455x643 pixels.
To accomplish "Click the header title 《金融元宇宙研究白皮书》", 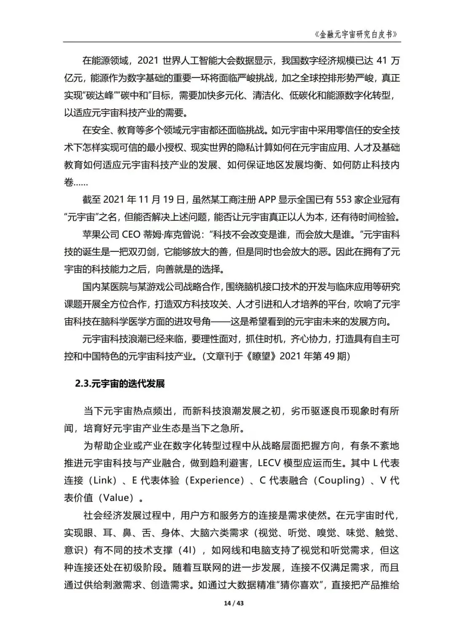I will (356, 34).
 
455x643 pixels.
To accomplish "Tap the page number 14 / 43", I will (234, 603).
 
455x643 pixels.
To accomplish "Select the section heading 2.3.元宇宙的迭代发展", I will (120, 384).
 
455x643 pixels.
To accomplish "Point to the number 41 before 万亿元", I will (380, 60).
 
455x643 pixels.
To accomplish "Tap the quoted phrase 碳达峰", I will (98, 95).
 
